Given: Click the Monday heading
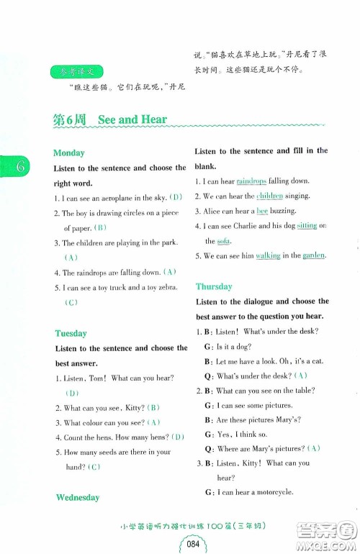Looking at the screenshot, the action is (x=69, y=153).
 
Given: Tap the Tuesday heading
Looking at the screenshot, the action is (x=70, y=333).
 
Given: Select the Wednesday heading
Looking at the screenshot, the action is (x=77, y=497).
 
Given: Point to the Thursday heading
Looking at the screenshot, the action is (x=214, y=286).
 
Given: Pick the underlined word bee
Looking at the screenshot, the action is (x=263, y=211).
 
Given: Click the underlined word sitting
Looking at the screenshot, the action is (x=307, y=226).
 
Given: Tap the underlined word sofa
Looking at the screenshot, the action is (x=224, y=241).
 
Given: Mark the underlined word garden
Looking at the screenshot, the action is (x=313, y=255).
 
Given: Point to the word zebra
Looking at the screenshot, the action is (x=163, y=288).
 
